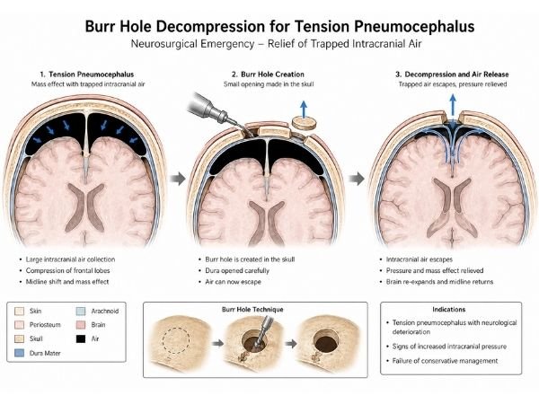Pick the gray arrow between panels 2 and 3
pyautogui.click(x=358, y=180)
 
